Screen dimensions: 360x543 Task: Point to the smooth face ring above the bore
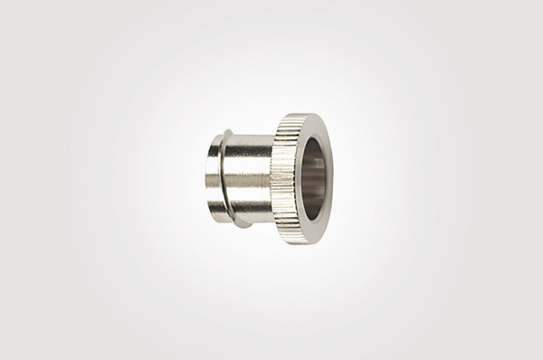(x=313, y=126)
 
